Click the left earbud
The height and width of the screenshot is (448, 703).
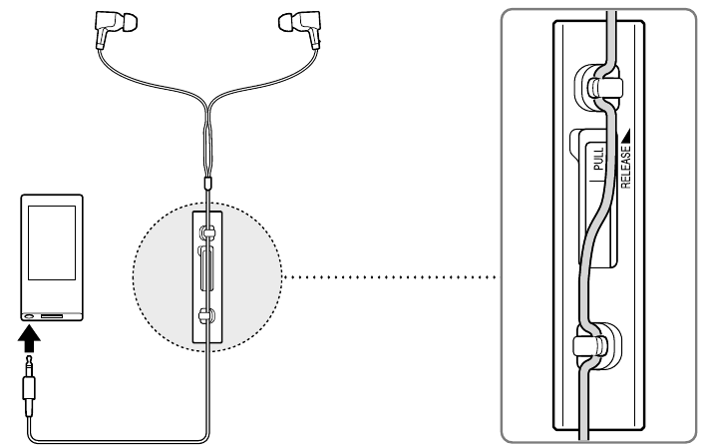point(112,26)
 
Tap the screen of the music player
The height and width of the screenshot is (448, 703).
point(52,242)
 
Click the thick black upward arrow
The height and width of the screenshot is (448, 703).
point(29,339)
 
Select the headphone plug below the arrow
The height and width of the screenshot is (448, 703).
point(29,386)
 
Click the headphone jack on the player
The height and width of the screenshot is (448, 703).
point(29,315)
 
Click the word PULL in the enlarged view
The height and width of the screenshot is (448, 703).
point(598,160)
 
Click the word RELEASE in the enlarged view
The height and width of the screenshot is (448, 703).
point(626,167)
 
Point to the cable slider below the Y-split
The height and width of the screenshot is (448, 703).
point(207,183)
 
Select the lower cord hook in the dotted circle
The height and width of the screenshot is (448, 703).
point(207,316)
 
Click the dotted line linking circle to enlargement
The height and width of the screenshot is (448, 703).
point(390,277)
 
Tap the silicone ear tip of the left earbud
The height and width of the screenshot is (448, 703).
point(129,22)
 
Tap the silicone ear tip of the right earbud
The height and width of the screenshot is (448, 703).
point(287,22)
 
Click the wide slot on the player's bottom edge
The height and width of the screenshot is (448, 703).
point(52,316)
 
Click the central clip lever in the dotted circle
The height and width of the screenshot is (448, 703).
point(206,270)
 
